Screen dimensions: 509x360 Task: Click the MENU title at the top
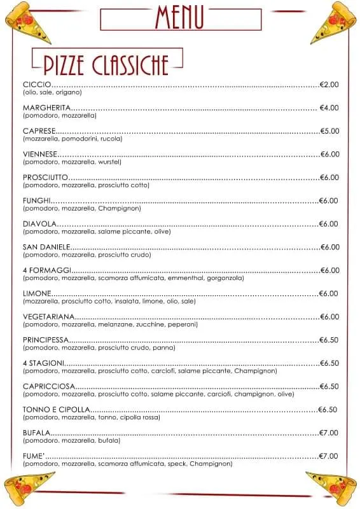(x=180, y=17)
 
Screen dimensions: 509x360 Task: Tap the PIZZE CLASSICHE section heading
(x=106, y=64)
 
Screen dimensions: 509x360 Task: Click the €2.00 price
(x=329, y=85)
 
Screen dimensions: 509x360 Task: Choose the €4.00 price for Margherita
(x=329, y=108)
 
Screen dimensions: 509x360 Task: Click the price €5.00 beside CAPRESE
(x=329, y=131)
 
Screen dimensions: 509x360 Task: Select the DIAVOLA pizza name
(x=40, y=224)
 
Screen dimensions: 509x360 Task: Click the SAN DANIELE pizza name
(x=46, y=247)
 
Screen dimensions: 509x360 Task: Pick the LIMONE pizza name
(x=37, y=293)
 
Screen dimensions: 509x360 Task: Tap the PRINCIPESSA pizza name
(x=45, y=340)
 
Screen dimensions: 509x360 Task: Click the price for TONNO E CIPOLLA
(x=328, y=409)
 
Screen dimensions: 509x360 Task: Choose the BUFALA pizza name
(x=37, y=433)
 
